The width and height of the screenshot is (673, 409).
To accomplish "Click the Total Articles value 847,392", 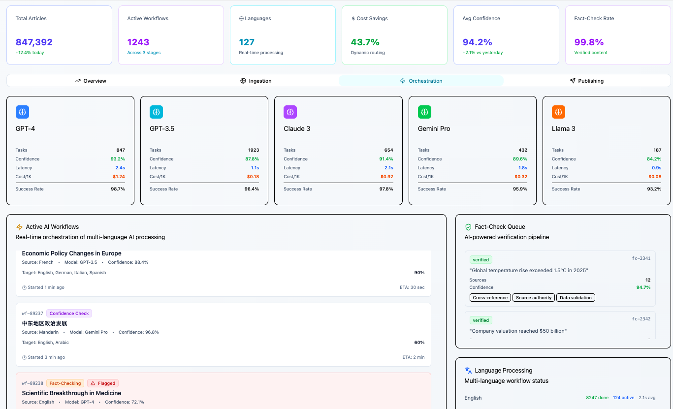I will click(x=34, y=42).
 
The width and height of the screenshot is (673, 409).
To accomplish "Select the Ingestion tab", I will click(x=256, y=81).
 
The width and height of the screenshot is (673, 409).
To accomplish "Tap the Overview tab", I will click(x=91, y=81).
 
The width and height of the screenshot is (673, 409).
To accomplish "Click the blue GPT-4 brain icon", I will click(x=22, y=112).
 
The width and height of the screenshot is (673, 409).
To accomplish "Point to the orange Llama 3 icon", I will click(x=558, y=112).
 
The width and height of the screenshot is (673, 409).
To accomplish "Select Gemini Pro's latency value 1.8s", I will click(x=523, y=168).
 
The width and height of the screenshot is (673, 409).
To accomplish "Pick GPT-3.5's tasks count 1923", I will click(x=254, y=150).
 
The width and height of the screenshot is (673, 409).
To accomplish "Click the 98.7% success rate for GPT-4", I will click(x=118, y=189).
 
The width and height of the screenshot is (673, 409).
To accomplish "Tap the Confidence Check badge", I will click(x=69, y=314).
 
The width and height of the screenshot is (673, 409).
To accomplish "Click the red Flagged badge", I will click(x=103, y=383).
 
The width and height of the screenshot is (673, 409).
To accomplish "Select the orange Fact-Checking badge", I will click(x=65, y=383).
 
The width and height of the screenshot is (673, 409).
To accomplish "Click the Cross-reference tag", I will click(x=490, y=298).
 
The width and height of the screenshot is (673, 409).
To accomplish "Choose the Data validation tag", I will click(x=576, y=298).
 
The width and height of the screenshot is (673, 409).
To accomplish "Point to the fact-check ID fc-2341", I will click(x=641, y=258).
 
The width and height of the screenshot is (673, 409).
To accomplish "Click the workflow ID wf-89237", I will click(x=32, y=314).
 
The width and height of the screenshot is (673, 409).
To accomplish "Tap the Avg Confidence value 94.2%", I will click(x=477, y=42).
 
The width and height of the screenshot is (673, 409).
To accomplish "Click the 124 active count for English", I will click(x=623, y=398).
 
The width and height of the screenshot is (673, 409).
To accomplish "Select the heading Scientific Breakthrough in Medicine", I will click(x=71, y=393).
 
